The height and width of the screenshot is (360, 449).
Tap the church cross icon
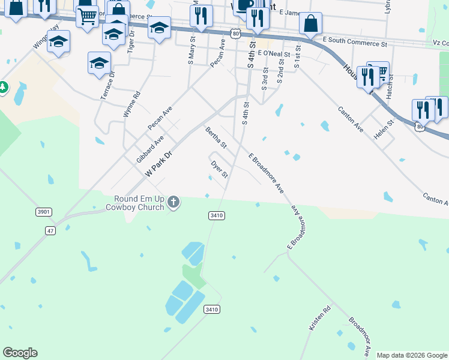(173, 202)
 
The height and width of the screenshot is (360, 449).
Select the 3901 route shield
(44, 212)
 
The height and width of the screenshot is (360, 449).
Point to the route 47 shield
(50, 230)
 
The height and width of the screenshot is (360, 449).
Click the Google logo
(20, 353)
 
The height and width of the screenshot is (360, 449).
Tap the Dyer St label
(219, 169)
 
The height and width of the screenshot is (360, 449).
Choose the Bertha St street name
(215, 137)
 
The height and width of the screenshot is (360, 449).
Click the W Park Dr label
(159, 163)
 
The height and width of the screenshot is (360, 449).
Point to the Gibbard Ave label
(149, 149)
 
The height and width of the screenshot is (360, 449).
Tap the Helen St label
(383, 129)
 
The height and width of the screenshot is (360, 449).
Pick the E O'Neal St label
(273, 53)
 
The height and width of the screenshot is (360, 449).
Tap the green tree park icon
(3, 88)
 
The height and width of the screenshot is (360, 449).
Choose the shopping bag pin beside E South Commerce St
(310, 25)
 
